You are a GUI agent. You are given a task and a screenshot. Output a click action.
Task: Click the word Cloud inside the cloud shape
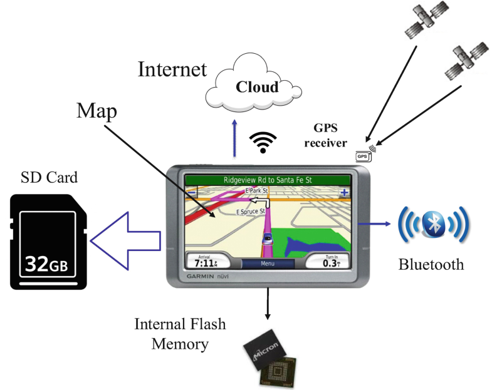(256, 86)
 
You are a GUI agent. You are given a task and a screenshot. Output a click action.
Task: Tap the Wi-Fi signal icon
(263, 143)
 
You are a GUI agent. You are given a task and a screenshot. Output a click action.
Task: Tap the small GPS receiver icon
(363, 155)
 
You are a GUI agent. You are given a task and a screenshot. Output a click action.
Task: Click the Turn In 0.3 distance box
(331, 261)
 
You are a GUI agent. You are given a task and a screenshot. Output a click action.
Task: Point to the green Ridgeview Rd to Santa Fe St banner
(268, 180)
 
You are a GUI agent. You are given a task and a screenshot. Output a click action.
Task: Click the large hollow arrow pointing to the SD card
(125, 240)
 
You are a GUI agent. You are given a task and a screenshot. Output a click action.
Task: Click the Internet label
(172, 69)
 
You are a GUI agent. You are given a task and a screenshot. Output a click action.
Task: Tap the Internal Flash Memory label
(180, 334)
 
